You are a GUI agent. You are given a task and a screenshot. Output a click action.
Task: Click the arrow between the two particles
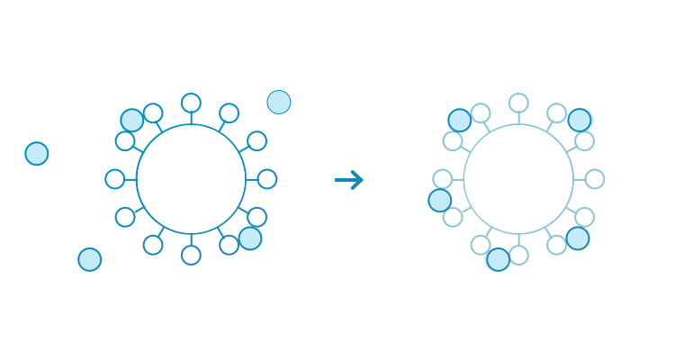349,180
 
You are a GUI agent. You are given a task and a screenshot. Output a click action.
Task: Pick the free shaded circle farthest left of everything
36,154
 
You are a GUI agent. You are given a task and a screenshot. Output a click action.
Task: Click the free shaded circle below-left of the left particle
90,260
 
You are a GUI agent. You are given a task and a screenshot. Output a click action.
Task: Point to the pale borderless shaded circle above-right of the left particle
279,102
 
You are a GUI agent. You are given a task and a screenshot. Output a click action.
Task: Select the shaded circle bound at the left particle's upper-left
132,120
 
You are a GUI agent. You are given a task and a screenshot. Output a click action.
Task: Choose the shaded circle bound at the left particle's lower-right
250,238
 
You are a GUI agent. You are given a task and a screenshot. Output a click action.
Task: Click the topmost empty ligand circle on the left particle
191,103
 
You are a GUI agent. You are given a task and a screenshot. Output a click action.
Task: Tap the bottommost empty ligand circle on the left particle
191,256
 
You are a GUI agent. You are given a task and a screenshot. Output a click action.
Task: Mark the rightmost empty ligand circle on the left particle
267,179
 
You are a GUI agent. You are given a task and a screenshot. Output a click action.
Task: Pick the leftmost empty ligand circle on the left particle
115,179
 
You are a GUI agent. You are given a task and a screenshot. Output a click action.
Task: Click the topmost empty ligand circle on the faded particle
518,103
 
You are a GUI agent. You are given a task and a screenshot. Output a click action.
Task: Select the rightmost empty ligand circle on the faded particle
595,179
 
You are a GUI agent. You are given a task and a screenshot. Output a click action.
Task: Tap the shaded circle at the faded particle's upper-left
460,120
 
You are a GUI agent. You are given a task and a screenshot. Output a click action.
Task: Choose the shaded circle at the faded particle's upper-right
580,120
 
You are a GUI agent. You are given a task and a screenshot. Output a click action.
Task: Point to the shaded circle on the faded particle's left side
440,200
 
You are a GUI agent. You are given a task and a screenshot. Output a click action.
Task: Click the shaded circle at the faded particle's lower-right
578,238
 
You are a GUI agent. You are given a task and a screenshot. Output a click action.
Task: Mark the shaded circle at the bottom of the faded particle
499,259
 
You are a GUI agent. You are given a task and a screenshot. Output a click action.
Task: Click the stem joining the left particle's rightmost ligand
252,179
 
